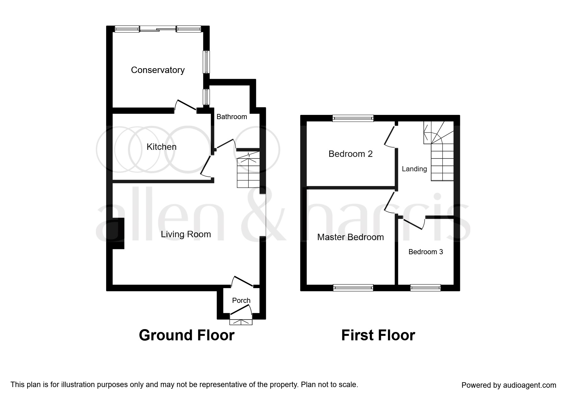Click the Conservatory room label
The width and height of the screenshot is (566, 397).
(158, 70)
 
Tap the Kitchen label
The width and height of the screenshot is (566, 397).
(161, 147)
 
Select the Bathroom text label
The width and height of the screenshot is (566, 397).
(232, 117)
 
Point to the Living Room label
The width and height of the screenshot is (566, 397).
(186, 234)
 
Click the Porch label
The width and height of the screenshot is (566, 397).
(241, 300)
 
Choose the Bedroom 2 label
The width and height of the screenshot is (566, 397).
(351, 154)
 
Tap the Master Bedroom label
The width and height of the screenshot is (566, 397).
(351, 237)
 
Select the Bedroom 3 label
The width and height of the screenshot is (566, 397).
(426, 252)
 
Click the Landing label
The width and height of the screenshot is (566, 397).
(414, 169)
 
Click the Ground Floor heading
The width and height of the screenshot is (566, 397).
(187, 336)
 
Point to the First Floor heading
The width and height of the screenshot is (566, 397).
(378, 336)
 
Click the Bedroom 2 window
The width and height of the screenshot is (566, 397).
(353, 118)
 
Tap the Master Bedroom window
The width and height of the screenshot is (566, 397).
(353, 288)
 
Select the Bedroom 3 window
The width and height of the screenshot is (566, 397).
(425, 288)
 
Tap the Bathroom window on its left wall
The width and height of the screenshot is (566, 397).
(207, 97)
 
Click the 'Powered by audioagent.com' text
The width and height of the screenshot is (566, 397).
(509, 385)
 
